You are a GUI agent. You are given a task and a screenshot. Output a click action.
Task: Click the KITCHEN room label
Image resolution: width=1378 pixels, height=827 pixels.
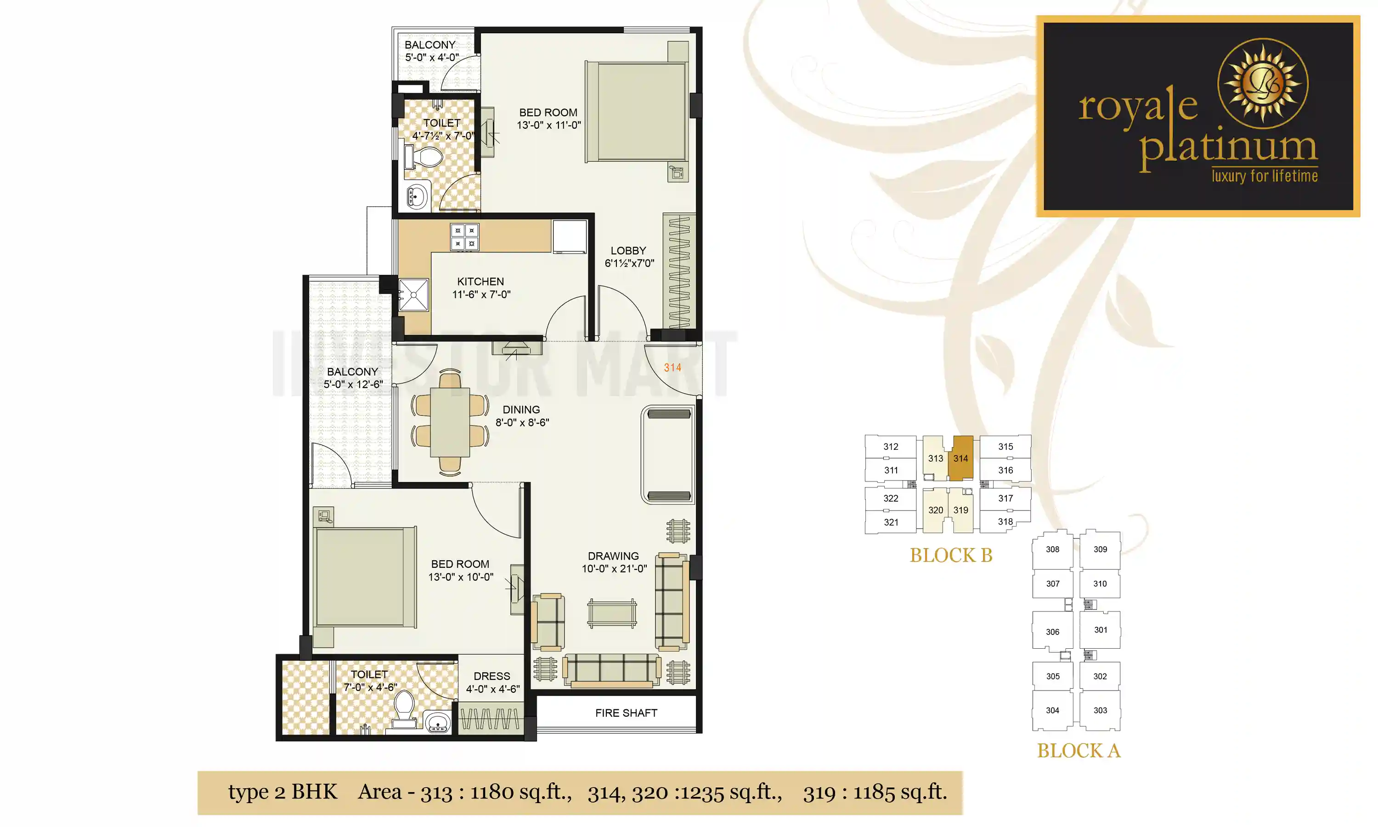(480, 282)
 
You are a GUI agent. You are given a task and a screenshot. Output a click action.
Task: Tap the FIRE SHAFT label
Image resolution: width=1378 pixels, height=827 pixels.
(626, 713)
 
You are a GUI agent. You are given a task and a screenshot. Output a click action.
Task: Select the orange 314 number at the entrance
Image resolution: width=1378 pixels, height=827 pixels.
(672, 367)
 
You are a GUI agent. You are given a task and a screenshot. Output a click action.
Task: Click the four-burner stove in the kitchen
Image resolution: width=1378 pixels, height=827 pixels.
(464, 237)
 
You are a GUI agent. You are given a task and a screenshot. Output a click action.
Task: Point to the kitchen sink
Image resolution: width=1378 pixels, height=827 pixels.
(414, 294)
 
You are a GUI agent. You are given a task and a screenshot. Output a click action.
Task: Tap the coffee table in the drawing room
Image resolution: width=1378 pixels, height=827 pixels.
(611, 613)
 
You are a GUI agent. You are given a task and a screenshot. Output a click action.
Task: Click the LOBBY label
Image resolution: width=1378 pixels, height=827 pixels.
(628, 251)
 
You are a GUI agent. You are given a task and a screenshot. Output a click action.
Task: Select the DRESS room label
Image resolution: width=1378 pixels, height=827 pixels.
(492, 676)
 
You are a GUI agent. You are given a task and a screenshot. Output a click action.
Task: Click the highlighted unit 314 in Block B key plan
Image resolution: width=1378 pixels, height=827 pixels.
(960, 458)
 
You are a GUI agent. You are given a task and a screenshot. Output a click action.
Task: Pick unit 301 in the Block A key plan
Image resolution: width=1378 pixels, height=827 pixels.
(1100, 630)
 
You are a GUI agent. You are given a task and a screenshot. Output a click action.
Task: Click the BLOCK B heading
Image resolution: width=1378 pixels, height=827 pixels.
(951, 555)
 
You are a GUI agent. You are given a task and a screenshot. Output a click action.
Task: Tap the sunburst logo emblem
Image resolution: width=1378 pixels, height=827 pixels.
(1263, 84)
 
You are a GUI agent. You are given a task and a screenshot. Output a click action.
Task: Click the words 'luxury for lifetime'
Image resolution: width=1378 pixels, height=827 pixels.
(1265, 176)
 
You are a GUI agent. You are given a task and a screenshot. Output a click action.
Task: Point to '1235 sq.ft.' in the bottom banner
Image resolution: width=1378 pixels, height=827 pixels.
(729, 792)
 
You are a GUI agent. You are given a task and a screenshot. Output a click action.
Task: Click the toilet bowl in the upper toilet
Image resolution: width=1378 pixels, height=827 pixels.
(427, 157)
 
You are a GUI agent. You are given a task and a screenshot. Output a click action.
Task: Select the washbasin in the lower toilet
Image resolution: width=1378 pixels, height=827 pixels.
(438, 722)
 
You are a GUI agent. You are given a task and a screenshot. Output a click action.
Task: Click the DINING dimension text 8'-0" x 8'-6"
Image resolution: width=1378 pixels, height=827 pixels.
(522, 422)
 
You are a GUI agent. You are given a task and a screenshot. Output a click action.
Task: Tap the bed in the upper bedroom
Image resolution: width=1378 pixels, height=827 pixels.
(637, 112)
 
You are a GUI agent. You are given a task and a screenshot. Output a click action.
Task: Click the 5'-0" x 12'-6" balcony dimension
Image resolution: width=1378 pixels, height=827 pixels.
(353, 385)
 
